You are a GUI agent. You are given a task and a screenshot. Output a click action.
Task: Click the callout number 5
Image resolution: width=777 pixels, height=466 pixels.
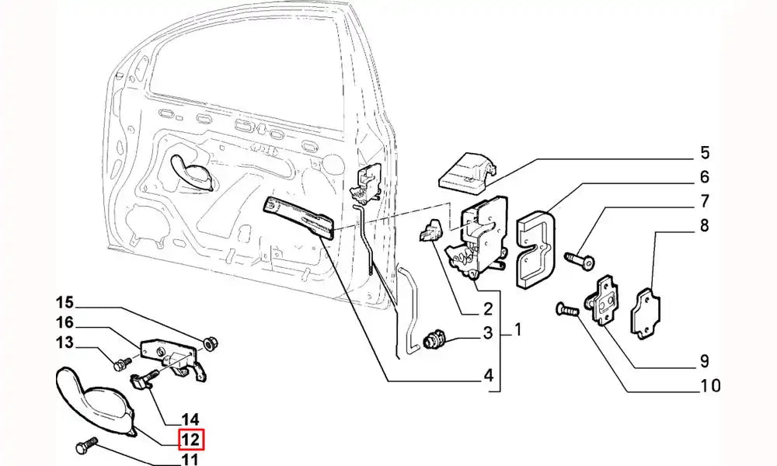click(x=704, y=153)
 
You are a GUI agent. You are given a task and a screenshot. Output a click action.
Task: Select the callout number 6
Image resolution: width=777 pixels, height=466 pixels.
click(x=704, y=177)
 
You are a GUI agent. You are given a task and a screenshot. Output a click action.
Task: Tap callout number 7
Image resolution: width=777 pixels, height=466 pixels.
click(x=704, y=202)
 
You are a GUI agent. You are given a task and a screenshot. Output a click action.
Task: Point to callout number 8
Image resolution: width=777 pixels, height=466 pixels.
click(x=704, y=226)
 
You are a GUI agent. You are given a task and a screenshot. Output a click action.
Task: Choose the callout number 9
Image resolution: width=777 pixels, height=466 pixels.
click(x=704, y=360)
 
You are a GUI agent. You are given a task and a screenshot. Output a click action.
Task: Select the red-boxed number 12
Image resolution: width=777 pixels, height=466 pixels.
click(x=191, y=440)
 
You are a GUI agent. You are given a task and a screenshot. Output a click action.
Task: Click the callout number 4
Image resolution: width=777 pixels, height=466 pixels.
click(x=488, y=377)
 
